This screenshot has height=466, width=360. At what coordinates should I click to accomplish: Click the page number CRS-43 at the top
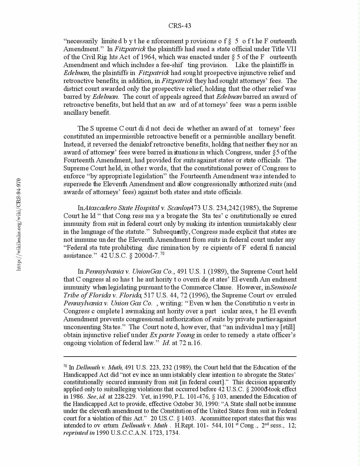tap(180, 26)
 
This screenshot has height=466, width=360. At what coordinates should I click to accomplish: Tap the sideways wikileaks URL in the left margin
tap(19, 224)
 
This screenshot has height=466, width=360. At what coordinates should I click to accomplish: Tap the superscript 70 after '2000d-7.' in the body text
tap(162, 254)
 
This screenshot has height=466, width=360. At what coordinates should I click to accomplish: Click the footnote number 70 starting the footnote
tap(65, 366)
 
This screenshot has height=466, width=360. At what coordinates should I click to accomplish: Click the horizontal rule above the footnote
tap(180, 357)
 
